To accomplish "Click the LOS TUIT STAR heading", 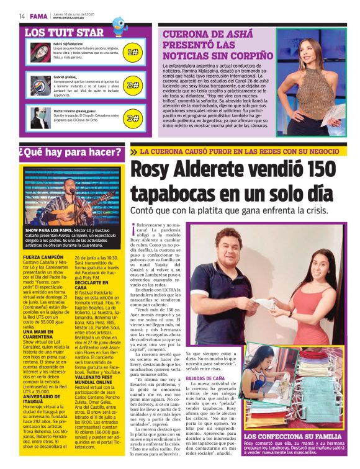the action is (x=64, y=32).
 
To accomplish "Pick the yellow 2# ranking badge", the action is (x=132, y=84).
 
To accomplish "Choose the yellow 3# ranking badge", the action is (x=132, y=118).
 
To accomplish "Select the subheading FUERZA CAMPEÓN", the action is (x=43, y=256).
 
